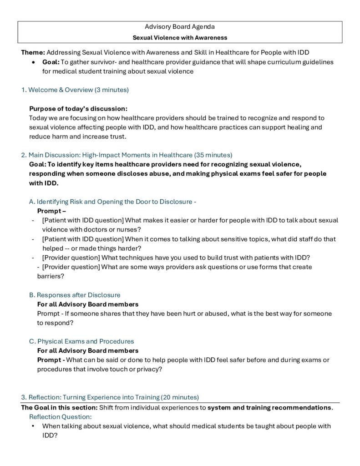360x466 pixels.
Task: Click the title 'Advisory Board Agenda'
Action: pyautogui.click(x=180, y=27)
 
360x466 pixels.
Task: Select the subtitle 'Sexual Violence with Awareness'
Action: pyautogui.click(x=180, y=37)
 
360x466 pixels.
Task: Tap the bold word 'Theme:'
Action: pyautogui.click(x=33, y=52)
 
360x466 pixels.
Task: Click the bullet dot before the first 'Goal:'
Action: pyautogui.click(x=34, y=62)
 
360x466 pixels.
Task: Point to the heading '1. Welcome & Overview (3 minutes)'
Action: pyautogui.click(x=75, y=90)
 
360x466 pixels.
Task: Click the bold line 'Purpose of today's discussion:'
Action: pyautogui.click(x=78, y=108)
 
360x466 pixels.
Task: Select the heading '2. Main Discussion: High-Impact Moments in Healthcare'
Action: pyautogui.click(x=106, y=155)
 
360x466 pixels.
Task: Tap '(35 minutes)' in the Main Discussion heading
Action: pyautogui.click(x=213, y=155)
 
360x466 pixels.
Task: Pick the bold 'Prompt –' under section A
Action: pyautogui.click(x=51, y=211)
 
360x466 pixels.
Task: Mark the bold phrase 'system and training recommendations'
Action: pyautogui.click(x=269, y=407)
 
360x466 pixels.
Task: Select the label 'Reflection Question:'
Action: pyautogui.click(x=61, y=416)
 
